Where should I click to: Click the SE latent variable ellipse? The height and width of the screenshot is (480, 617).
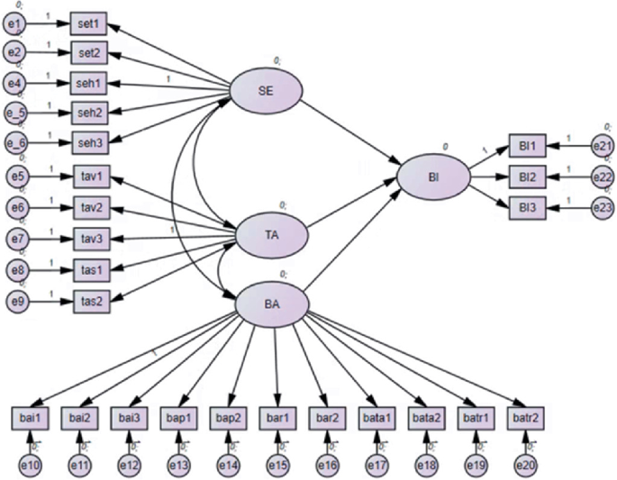265,92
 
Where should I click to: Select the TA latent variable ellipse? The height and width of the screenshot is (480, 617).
270,234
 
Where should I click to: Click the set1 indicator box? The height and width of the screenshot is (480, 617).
88,24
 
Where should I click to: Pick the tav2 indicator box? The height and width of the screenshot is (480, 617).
89,207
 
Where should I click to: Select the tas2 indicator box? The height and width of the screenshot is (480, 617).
89,301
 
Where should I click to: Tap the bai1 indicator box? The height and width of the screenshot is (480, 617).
29,416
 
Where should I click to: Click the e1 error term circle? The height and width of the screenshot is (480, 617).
15,24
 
